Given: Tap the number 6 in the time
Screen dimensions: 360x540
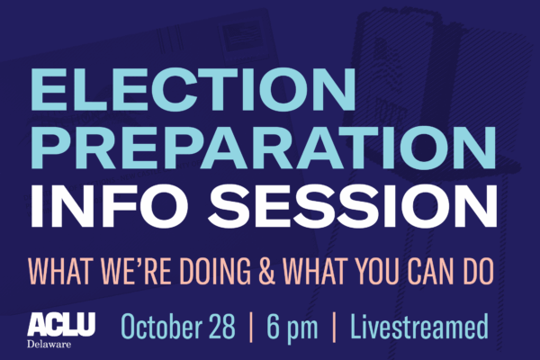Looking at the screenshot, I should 273,325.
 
